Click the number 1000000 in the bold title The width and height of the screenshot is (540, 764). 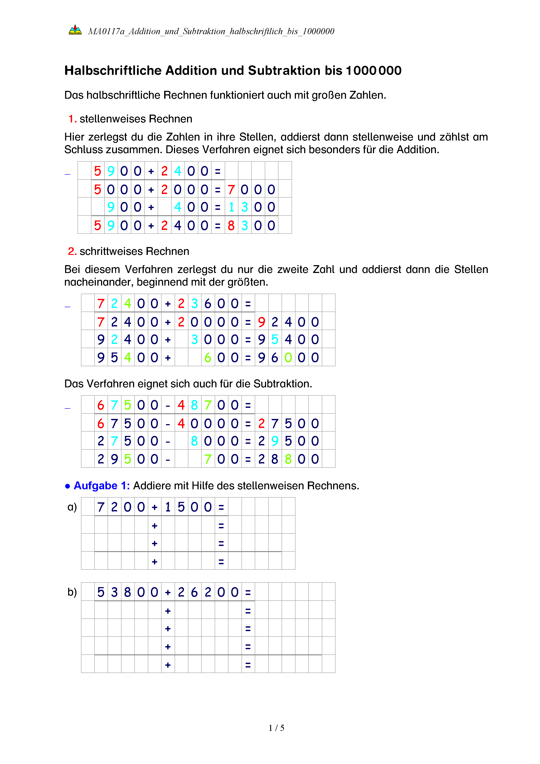click(x=373, y=71)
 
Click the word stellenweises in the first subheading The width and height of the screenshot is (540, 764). click(x=113, y=119)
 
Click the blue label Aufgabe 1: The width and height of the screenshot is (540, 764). click(x=101, y=486)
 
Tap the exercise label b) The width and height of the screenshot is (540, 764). click(x=72, y=592)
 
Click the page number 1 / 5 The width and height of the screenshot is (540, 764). click(x=276, y=728)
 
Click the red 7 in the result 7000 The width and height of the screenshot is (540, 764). click(x=231, y=190)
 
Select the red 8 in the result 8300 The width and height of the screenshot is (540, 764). click(x=231, y=226)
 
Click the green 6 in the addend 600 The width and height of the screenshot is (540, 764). click(x=208, y=358)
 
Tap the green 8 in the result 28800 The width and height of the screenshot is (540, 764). click(x=288, y=459)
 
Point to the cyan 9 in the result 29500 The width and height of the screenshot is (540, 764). click(x=275, y=441)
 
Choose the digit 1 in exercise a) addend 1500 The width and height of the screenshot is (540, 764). click(x=168, y=507)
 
